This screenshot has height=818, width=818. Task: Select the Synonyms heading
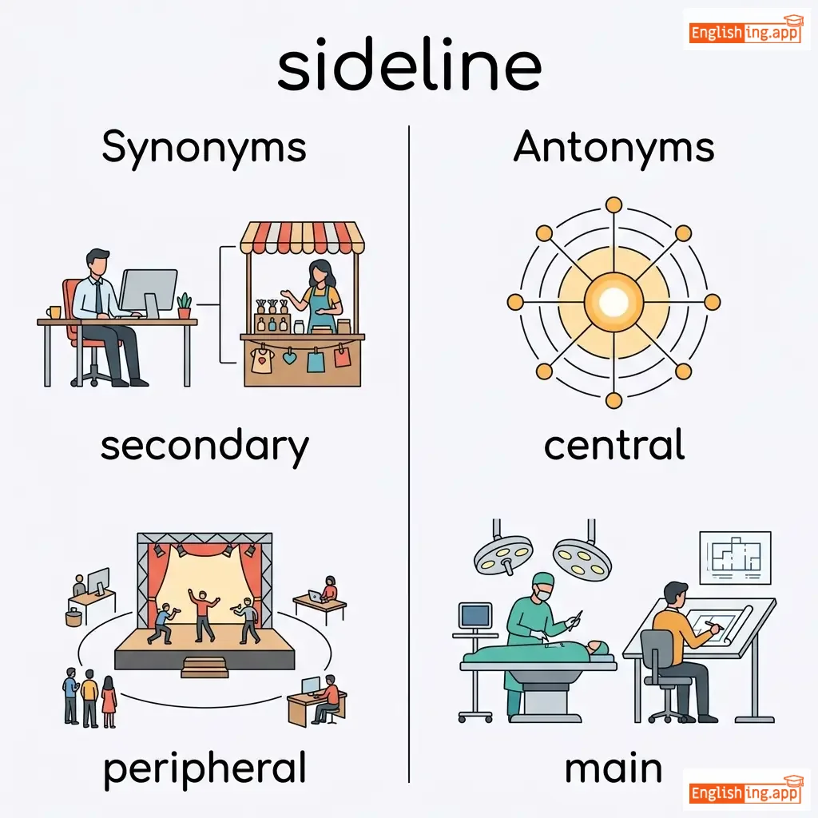pos(204,148)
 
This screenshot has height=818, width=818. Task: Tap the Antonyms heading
pos(613,148)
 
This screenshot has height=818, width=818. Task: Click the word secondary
pos(204,446)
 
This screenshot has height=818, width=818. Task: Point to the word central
pos(613,446)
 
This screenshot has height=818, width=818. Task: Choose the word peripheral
pos(204,768)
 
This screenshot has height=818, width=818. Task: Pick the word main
pos(613,768)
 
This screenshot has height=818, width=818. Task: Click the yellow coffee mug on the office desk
pos(54,312)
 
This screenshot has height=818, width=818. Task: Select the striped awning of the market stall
pos(302,238)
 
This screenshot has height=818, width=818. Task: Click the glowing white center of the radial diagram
pos(613,302)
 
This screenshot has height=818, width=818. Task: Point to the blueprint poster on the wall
pos(735,557)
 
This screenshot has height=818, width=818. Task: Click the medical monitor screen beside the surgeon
pos(476,616)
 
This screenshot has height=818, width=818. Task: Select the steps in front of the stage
pos(204,667)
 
